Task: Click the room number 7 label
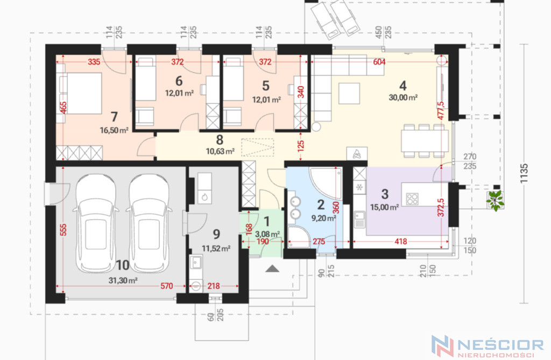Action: pos(114,117)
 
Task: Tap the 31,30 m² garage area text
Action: pos(123,280)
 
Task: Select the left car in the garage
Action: pos(95,224)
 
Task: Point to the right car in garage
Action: pos(149,224)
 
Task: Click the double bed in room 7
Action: pos(80,93)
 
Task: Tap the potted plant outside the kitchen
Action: pos(495,201)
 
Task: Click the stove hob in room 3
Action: pos(412,199)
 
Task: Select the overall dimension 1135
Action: pos(524,173)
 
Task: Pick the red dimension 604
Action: pos(379,62)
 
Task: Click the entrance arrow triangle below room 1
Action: pos(272,269)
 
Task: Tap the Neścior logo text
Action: pos(501,344)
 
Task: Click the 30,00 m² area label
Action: pos(403,97)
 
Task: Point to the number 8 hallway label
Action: pos(220,140)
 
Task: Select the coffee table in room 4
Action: pos(349,93)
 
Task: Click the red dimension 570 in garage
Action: pos(167,286)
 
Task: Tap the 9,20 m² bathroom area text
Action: pos(323,218)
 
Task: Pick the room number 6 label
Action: pos(179,81)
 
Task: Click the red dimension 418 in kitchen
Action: pos(400,241)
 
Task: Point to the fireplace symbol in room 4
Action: pos(357,154)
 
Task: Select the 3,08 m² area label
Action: pos(267,234)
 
